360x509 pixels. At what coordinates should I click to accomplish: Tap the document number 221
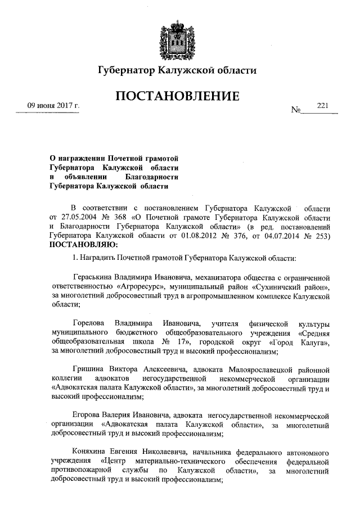point(322,106)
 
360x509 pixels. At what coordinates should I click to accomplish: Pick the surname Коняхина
point(92,454)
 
